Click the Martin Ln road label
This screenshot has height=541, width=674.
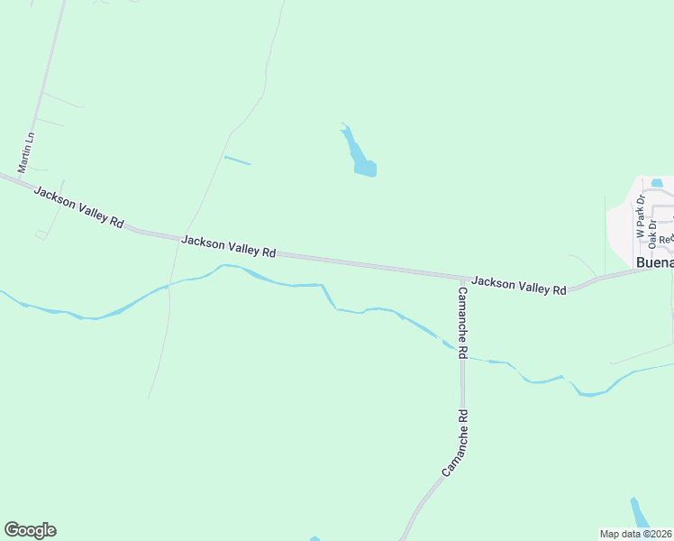27,152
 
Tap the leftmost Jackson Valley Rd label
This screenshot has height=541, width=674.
78,206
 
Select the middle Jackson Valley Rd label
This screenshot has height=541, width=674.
228,246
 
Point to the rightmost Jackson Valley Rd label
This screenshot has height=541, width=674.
518,285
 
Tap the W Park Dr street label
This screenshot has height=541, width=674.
641,216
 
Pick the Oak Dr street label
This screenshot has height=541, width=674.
652,234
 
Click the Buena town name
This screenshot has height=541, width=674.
654,262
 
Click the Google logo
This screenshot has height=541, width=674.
30,530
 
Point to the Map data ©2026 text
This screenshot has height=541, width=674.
636,534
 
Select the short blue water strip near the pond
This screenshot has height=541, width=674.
237,160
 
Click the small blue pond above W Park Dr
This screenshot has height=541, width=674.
657,183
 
